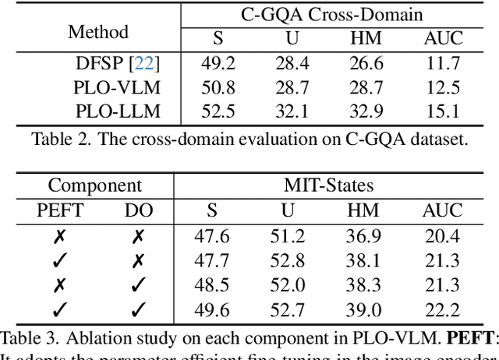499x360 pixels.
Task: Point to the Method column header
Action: pyautogui.click(x=97, y=32)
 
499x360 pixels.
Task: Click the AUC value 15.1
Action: pyautogui.click(x=443, y=111)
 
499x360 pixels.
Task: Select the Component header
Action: pyautogui.click(x=95, y=185)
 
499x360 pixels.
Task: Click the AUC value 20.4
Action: pyautogui.click(x=443, y=235)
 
